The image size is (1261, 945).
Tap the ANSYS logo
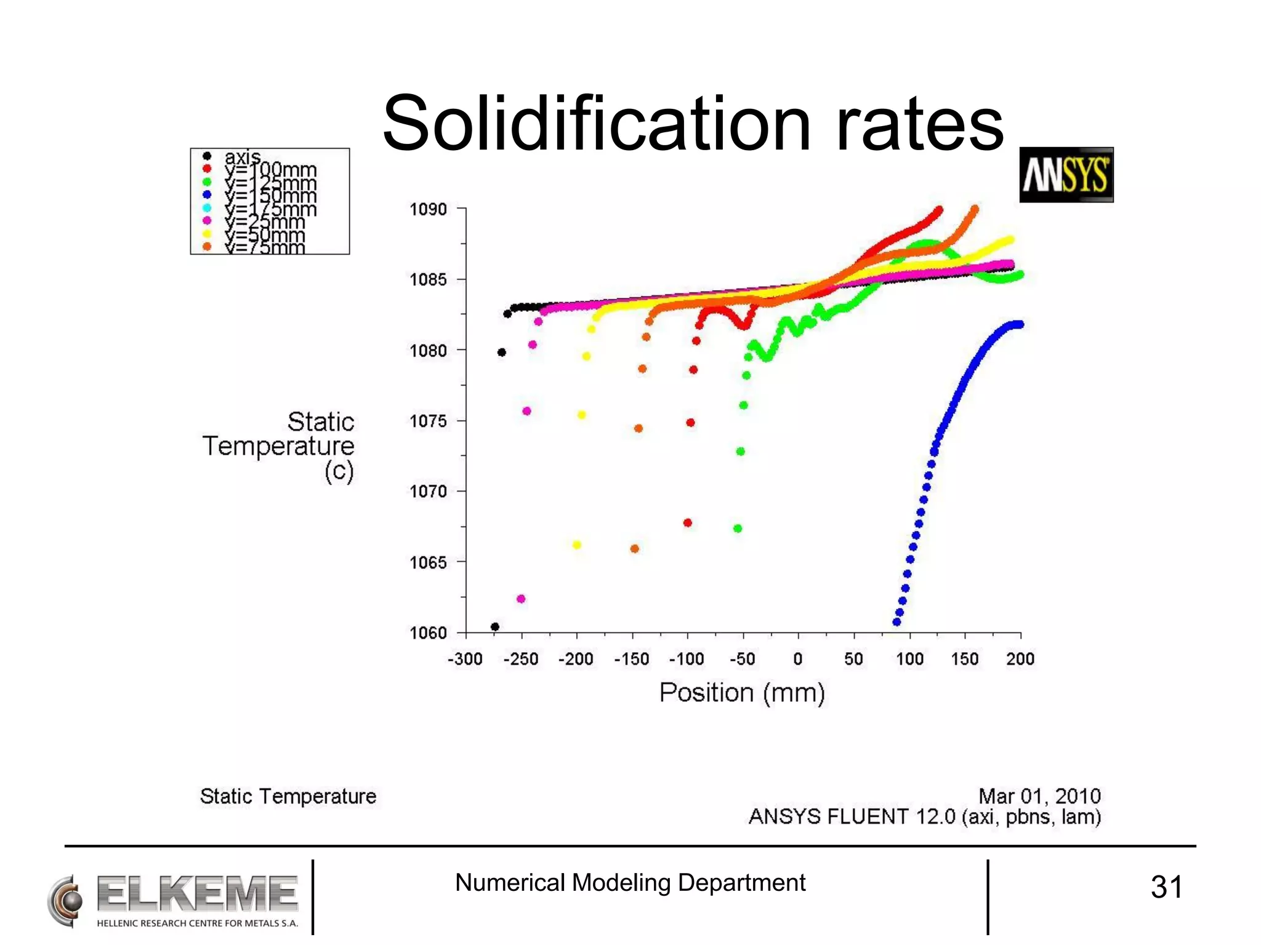[1066, 175]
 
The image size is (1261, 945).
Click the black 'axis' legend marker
[207, 156]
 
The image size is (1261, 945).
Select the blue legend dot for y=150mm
[207, 194]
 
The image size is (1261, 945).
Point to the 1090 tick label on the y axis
[428, 209]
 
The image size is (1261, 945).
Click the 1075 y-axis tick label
[428, 421]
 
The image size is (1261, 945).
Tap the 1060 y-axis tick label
[428, 633]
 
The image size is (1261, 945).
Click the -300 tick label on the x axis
[465, 660]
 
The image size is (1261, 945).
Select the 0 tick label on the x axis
[798, 660]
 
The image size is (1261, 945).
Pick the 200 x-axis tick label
[1020, 660]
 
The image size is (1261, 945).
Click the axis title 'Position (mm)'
[742, 693]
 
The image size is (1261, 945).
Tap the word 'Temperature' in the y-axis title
[278, 446]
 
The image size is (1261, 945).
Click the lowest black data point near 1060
[495, 627]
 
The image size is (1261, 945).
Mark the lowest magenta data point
[521, 599]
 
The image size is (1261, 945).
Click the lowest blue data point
[896, 622]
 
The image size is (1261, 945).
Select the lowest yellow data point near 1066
[577, 545]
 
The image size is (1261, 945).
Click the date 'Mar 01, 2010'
[1039, 796]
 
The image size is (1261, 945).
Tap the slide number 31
[1166, 887]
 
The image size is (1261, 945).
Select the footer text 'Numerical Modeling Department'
[630, 883]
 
